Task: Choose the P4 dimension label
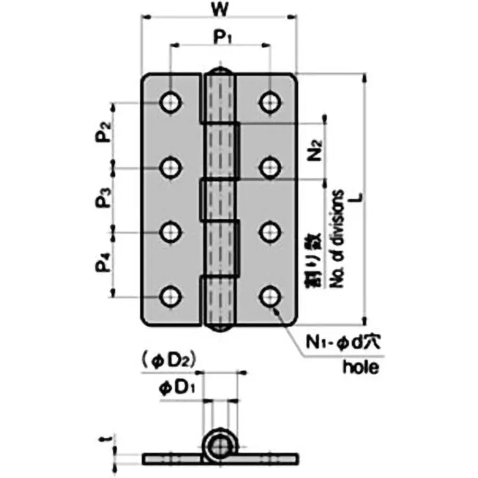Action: (x=104, y=263)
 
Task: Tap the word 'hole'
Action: (x=360, y=367)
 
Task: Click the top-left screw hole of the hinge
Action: (x=171, y=102)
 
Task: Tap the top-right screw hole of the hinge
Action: (x=269, y=102)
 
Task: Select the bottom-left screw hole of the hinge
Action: (x=171, y=296)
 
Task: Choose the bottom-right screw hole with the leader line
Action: (x=269, y=296)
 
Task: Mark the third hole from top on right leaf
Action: (x=269, y=231)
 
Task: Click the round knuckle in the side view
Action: (x=219, y=444)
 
